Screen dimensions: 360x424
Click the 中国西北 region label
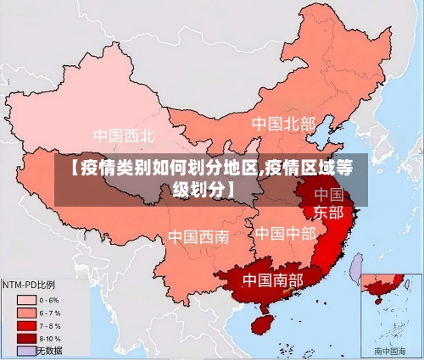(x=124, y=136)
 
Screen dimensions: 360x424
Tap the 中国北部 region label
(x=283, y=124)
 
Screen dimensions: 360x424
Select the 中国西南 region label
(x=198, y=236)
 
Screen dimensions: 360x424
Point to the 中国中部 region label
(x=285, y=233)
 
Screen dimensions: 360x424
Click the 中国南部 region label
(x=272, y=280)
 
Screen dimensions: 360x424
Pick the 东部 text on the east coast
(x=329, y=212)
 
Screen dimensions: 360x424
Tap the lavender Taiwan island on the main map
(x=356, y=269)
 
